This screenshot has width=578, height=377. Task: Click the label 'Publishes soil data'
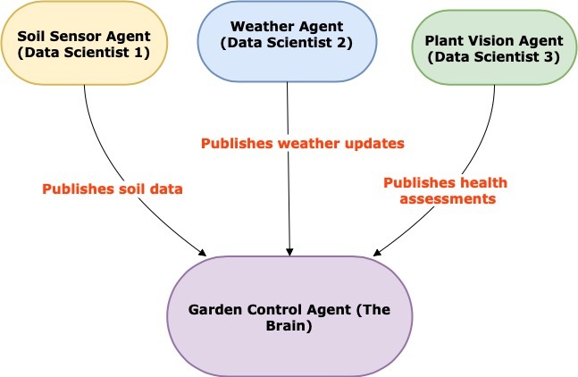pyautogui.click(x=113, y=188)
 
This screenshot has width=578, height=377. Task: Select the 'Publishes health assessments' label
pyautogui.click(x=445, y=190)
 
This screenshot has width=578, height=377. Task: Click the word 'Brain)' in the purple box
pyautogui.click(x=291, y=326)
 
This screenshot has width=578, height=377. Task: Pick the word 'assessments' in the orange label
pyautogui.click(x=445, y=198)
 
